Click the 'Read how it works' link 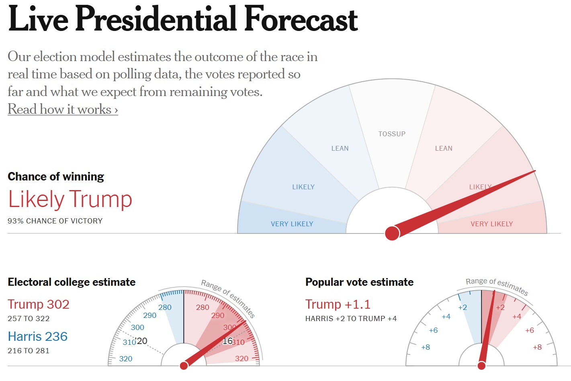pos(63,109)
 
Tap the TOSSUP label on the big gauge pos(392,134)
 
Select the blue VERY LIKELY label pos(292,224)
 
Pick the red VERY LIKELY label pos(491,224)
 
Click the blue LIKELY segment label pos(303,187)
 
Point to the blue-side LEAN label pos(340,148)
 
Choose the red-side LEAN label pos(444,148)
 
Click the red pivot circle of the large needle pos(392,233)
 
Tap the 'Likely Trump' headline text pos(70,199)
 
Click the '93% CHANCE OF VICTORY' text pos(55,221)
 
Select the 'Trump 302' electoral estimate pos(39,304)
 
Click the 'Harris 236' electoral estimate pos(38,336)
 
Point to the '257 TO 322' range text pos(29,319)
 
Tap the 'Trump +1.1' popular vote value pos(338,304)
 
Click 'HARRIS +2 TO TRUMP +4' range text pos(351,319)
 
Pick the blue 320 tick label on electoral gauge pos(126,358)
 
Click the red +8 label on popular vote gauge pos(537,347)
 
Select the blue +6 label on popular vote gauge pos(433,330)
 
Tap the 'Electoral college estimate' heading pos(72,282)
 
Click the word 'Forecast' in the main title pos(301,19)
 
